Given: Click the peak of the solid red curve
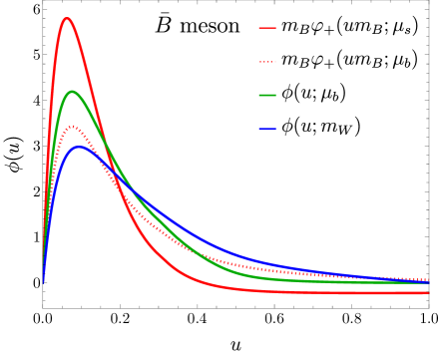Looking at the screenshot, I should coord(67,18).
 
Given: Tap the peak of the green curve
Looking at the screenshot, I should coord(72,92).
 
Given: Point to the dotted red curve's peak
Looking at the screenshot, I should coord(72,127).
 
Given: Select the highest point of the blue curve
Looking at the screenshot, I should coord(79,147).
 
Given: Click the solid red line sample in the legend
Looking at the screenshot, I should coord(267,28).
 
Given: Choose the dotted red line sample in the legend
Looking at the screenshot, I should coord(267,62).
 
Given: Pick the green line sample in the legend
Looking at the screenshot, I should coord(267,95).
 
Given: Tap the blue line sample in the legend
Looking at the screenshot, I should coord(267,128).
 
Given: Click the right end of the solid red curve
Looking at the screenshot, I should coord(429,293).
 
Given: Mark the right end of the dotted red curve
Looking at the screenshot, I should coord(429,280).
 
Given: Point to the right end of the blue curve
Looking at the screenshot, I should coord(429,282).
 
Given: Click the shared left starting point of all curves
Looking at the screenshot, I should coord(43,283).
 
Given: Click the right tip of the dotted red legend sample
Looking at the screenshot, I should coord(276,62).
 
